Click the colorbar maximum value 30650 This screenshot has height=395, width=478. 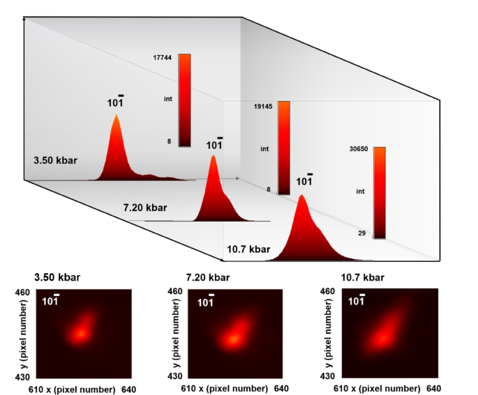click(x=359, y=148)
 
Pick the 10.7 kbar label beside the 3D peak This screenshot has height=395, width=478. click(x=248, y=249)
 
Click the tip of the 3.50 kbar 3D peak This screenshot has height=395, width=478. click(x=116, y=116)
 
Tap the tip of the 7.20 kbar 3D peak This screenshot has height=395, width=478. click(x=214, y=157)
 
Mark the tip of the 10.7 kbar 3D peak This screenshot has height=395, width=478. click(x=301, y=197)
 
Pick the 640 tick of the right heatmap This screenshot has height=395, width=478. click(x=433, y=388)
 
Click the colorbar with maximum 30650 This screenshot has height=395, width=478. click(x=379, y=192)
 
